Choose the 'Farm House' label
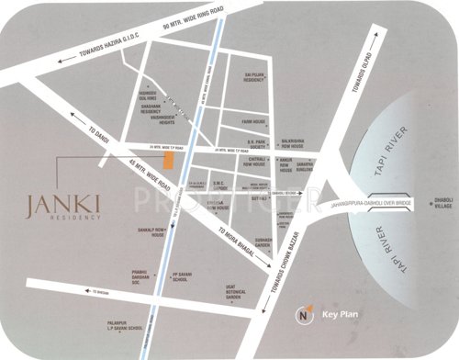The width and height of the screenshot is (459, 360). point(252,120)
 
